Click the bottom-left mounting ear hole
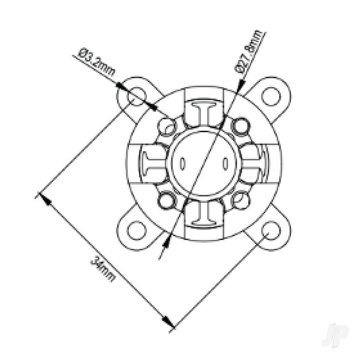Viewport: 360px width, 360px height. coord(136,230)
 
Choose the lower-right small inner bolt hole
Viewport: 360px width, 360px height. coord(240,199)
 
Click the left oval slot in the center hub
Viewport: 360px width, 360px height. coord(183,164)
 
